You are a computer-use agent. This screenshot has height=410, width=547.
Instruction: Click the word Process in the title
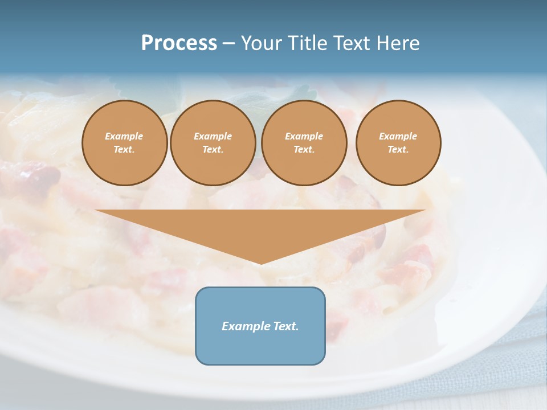[179, 43]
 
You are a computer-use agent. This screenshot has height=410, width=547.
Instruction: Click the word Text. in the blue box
[286, 326]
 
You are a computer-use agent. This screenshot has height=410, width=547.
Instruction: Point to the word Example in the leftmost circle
[124, 136]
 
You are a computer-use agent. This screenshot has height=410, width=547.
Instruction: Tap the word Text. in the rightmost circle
[398, 149]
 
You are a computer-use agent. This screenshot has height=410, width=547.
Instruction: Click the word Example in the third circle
[304, 136]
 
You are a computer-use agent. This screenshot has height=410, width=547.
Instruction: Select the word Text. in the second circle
[213, 149]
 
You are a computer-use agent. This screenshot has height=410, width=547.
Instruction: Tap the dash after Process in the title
[229, 43]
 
